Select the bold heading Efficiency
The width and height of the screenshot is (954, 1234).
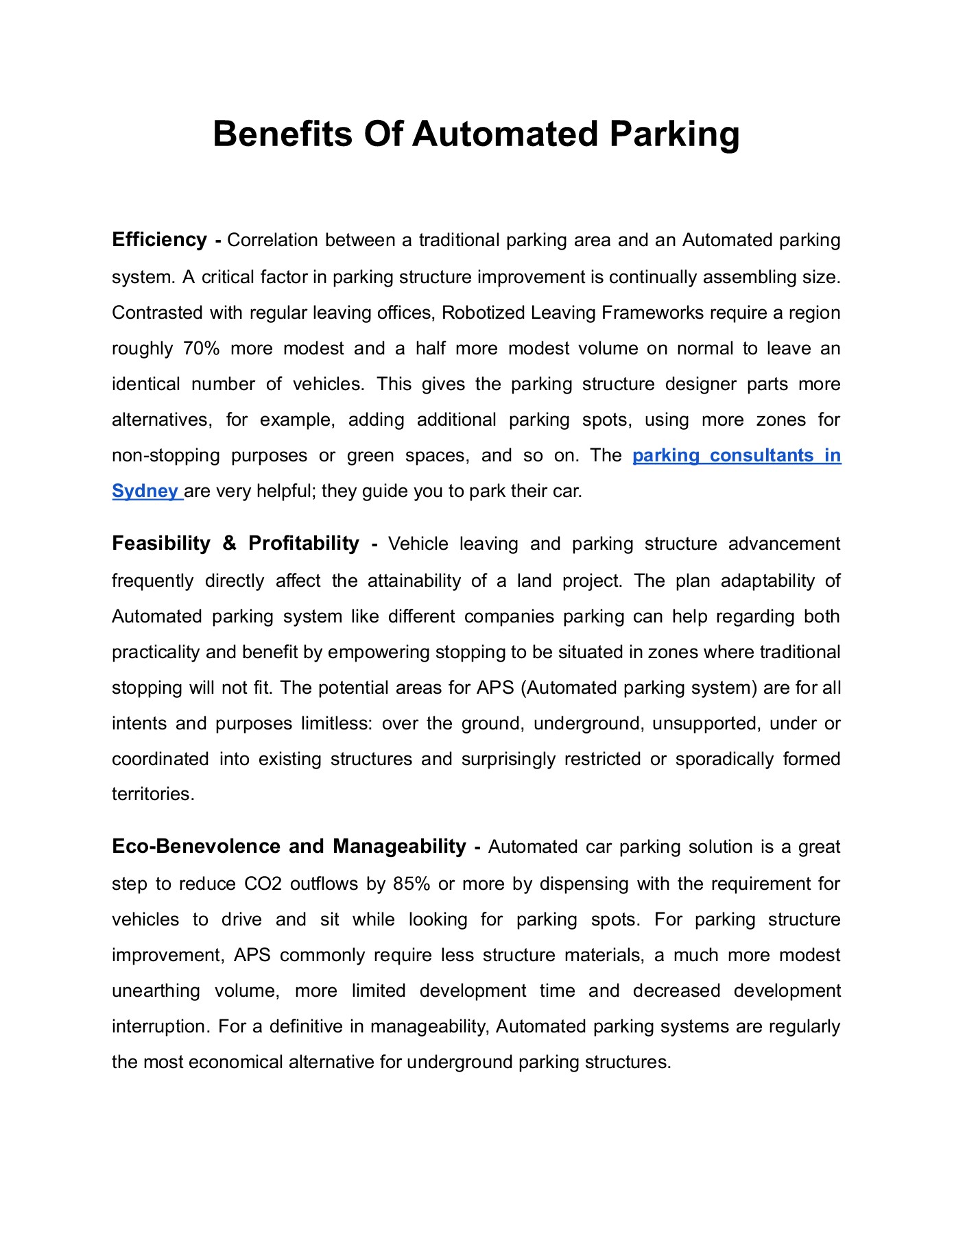click(x=159, y=240)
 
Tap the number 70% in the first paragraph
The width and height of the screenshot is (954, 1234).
click(x=201, y=348)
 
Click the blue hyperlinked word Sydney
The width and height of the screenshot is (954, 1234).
click(x=145, y=491)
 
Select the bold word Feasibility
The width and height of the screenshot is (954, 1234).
click(x=161, y=544)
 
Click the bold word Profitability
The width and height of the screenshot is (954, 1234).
click(x=304, y=544)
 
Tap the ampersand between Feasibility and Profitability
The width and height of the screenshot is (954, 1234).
click(x=229, y=544)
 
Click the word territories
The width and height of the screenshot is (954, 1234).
click(x=153, y=794)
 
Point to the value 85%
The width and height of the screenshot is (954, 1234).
click(x=412, y=884)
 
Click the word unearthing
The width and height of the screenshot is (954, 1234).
click(x=156, y=991)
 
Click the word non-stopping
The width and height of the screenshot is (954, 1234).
click(x=165, y=455)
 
